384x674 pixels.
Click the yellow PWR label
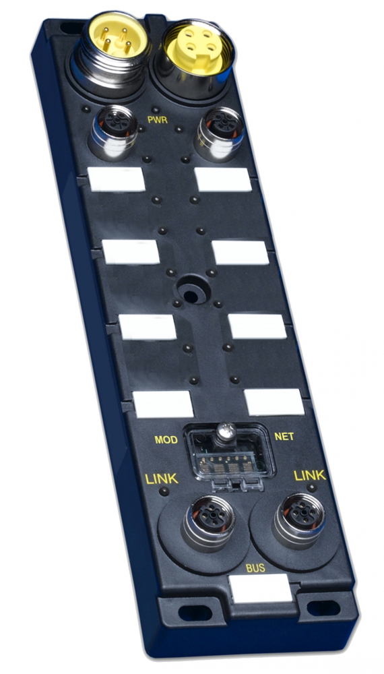pos(157,119)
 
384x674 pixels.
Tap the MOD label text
pos(166,439)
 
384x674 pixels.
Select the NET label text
pos(284,437)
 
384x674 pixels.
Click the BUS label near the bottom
pos(255,568)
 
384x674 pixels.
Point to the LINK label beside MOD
pos(162,479)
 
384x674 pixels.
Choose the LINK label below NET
pos(310,475)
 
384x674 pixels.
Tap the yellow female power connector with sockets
pos(195,56)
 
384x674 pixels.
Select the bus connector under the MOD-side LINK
pos(209,522)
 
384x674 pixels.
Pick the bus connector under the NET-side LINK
pos(299,519)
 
